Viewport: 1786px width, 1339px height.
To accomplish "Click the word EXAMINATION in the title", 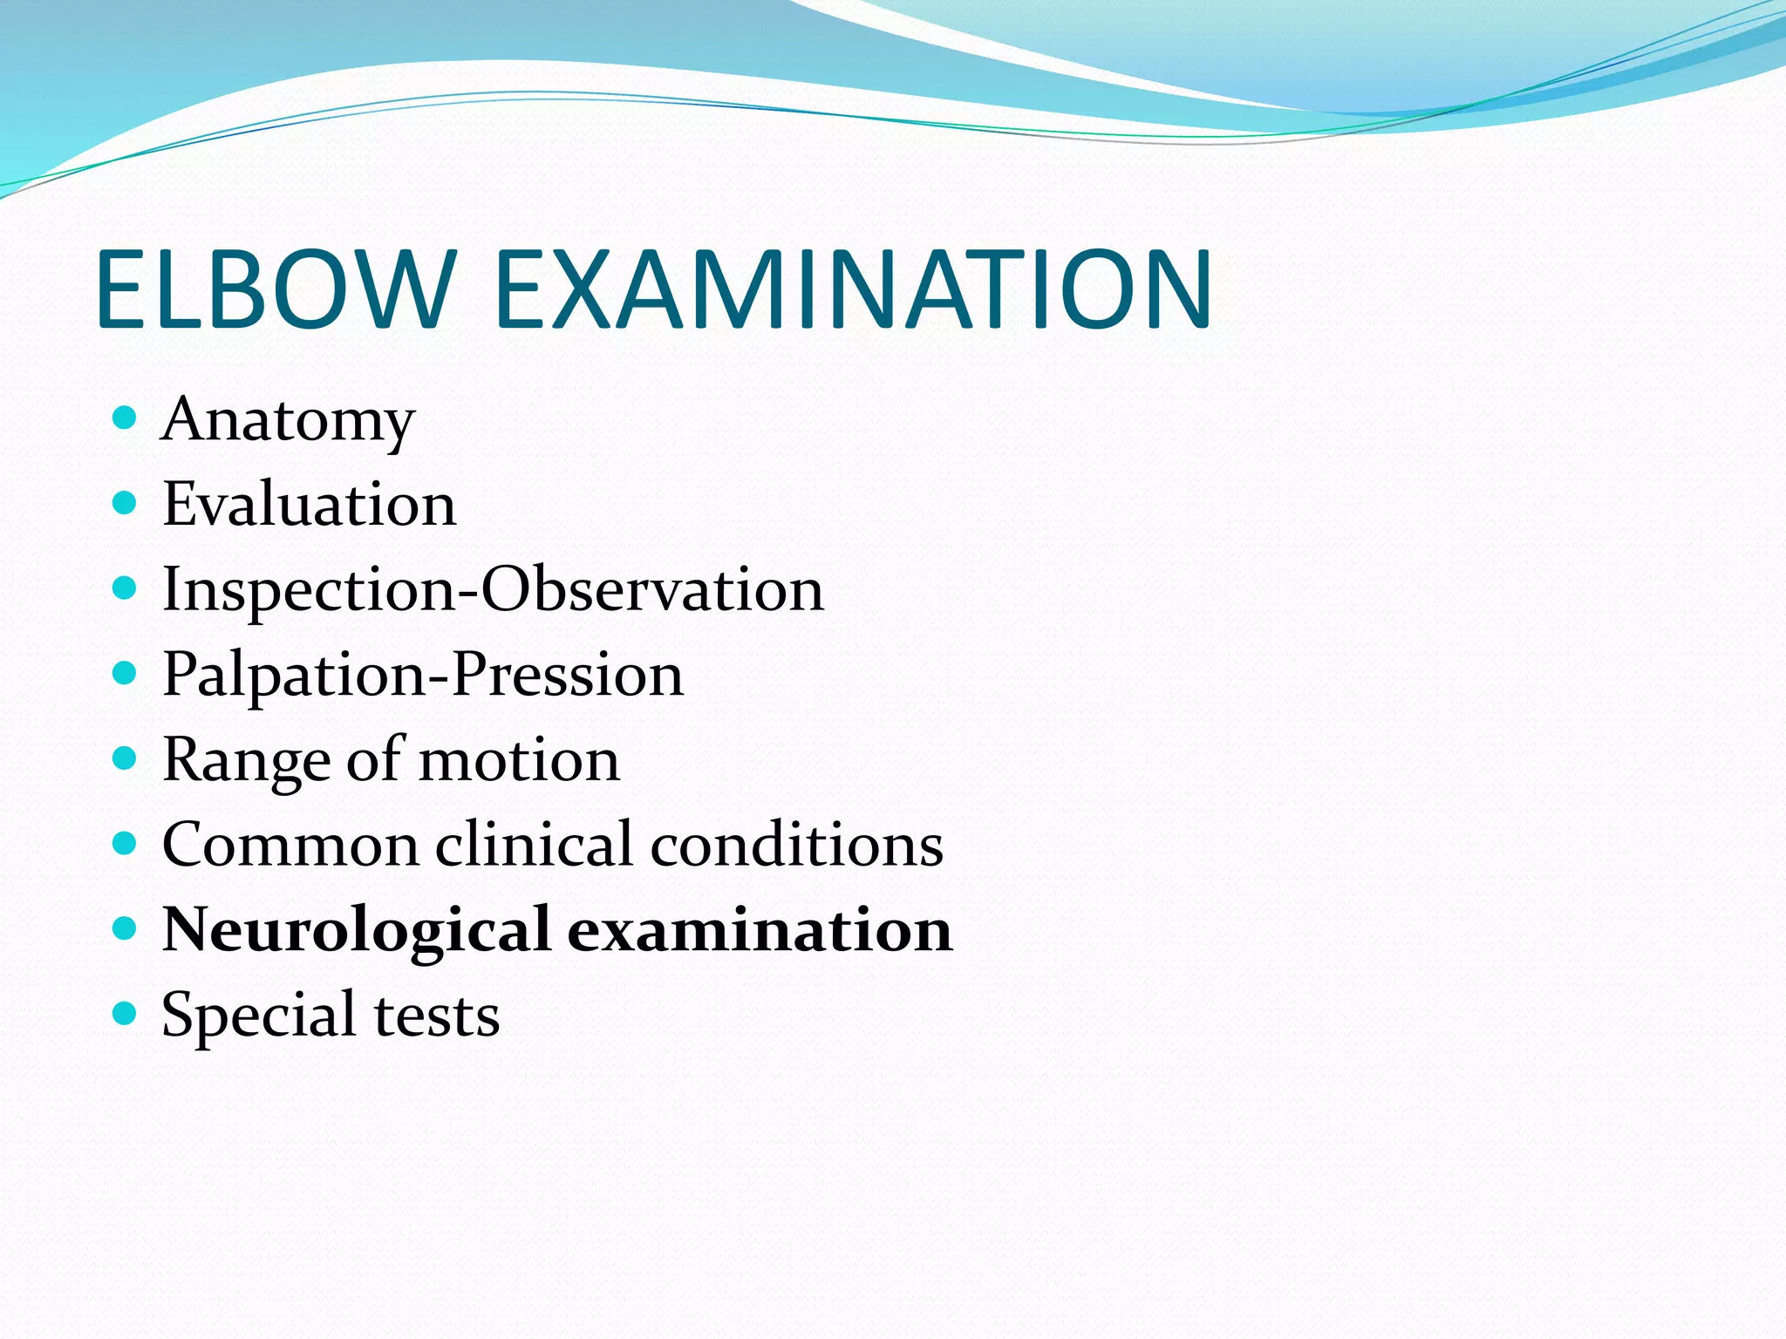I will pos(853,289).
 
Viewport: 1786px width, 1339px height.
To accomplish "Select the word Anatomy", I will pos(288,421).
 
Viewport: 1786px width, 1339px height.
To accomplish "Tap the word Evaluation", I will pos(310,504).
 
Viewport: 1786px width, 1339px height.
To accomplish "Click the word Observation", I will pos(652,589).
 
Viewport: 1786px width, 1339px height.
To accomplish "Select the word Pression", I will pos(568,674).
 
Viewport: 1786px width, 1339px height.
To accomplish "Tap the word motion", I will pos(520,759).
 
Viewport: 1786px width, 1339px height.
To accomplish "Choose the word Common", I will pos(291,845).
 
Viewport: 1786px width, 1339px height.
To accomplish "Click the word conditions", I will pos(797,844).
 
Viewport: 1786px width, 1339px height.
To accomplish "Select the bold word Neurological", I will pos(357,930).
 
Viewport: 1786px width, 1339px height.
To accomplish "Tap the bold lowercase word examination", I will pos(760,929).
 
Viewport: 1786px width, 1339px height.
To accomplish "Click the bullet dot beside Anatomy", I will pos(126,418).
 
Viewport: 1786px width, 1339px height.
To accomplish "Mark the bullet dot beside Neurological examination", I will pos(126,928).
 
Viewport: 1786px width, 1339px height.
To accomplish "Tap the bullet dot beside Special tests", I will pos(126,1013).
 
